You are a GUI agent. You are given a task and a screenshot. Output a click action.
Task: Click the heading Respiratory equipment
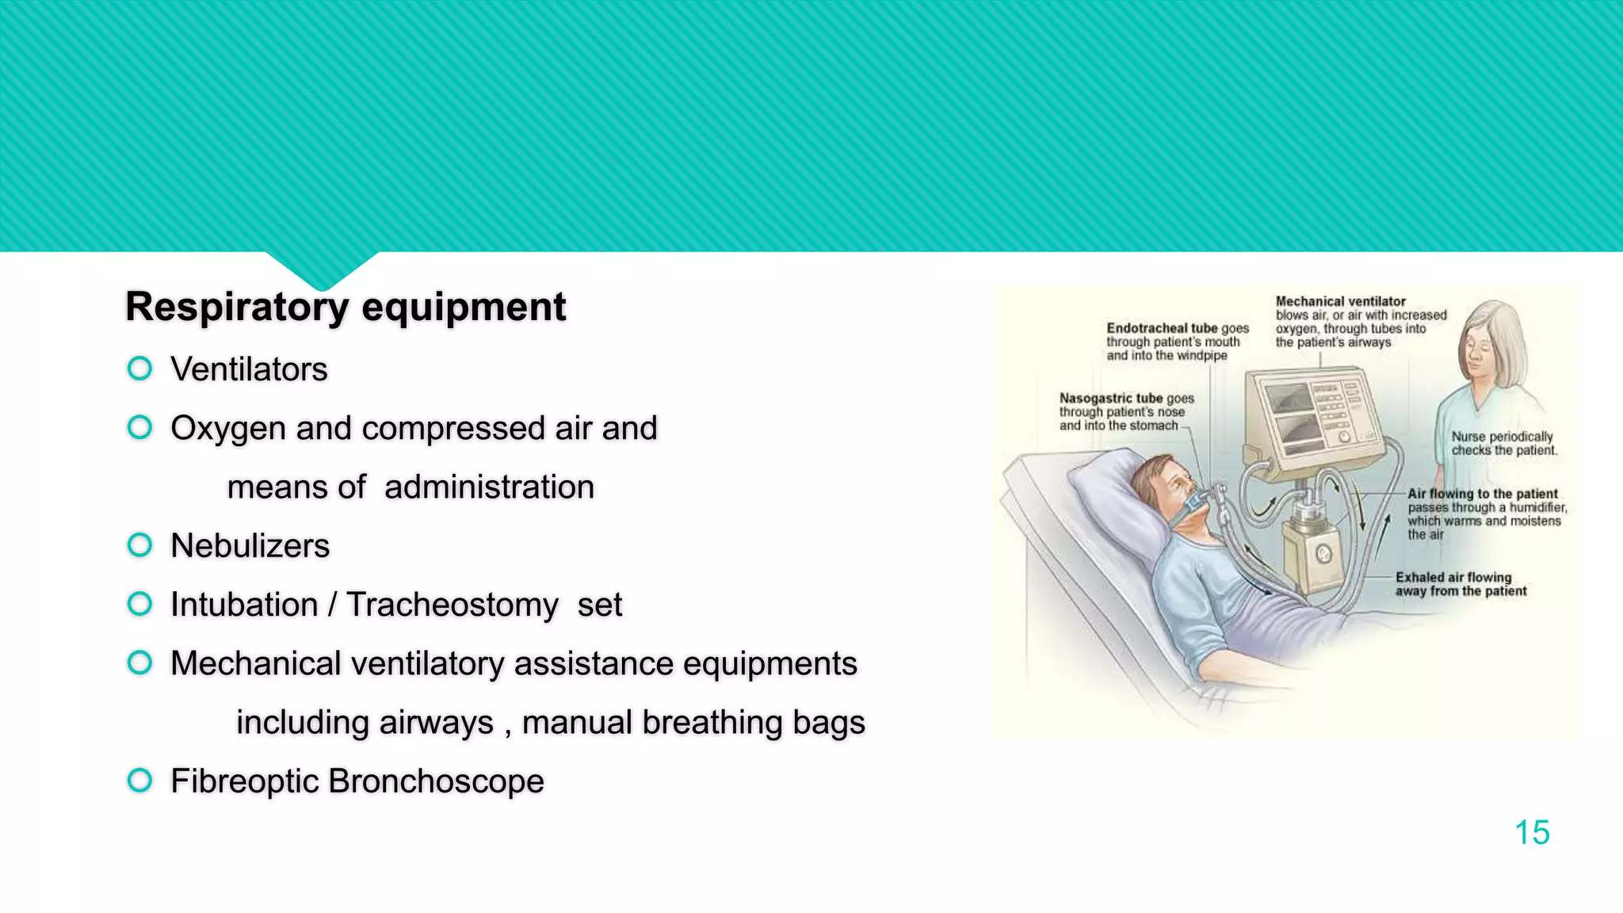tap(346, 307)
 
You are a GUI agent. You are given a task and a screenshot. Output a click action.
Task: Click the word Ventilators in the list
tap(249, 369)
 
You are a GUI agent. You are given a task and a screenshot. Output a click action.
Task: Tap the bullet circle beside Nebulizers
tap(139, 545)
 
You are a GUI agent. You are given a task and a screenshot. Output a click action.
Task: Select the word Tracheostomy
tap(453, 605)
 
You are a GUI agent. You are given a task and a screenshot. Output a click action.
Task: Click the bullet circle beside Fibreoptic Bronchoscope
tap(139, 781)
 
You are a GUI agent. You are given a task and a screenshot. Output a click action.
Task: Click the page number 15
tap(1531, 833)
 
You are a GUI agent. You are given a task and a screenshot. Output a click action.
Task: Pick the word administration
tap(489, 487)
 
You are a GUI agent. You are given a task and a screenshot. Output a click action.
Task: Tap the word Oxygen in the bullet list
tap(228, 429)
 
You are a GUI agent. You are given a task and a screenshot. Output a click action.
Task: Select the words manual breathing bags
tap(693, 723)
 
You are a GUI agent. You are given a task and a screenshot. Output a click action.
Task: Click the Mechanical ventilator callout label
tap(1340, 302)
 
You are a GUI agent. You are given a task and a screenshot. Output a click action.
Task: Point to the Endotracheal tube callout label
tap(1161, 328)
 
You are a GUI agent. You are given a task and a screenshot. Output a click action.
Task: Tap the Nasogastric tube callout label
tap(1110, 399)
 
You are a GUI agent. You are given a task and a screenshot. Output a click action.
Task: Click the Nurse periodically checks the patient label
tap(1503, 443)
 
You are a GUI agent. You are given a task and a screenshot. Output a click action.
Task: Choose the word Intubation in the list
tap(244, 605)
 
